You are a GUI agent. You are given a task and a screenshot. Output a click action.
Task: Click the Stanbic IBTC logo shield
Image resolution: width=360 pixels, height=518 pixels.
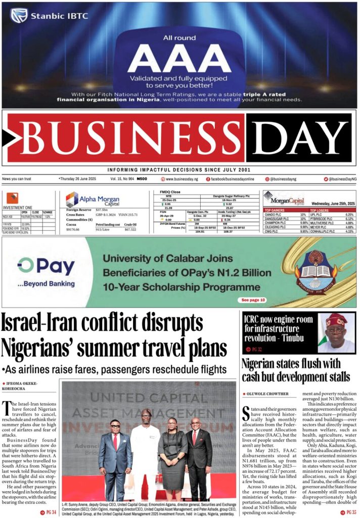[19, 16]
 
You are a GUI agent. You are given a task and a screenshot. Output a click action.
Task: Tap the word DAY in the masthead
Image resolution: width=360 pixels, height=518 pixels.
[301, 138]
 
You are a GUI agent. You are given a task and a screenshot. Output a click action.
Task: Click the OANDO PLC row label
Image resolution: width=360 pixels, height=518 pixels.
[274, 214]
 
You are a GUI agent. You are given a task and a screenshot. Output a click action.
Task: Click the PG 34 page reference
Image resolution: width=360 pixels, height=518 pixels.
[49, 512]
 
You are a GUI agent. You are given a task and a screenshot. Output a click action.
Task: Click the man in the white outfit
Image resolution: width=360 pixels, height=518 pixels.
[146, 450]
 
